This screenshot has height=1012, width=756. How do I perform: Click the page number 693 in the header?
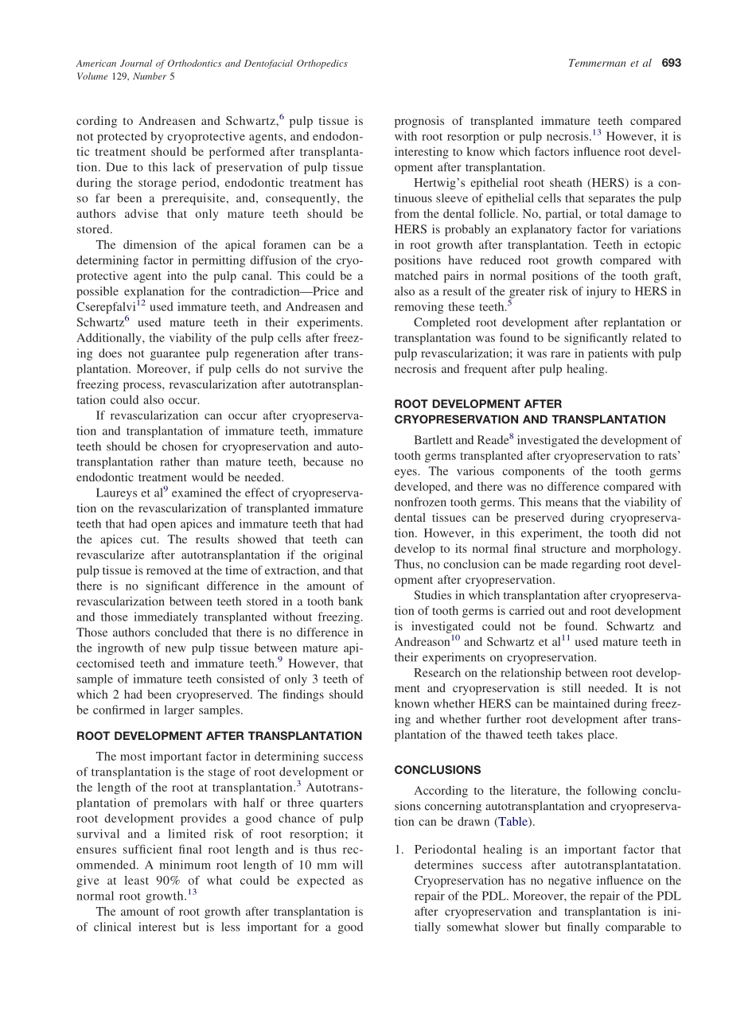click(x=672, y=64)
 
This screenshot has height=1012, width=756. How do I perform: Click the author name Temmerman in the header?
click(x=595, y=64)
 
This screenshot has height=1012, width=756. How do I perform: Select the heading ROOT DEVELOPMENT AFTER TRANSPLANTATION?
click(x=219, y=736)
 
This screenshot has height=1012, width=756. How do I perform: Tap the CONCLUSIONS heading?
click(x=438, y=770)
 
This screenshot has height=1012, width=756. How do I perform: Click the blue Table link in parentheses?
click(x=512, y=822)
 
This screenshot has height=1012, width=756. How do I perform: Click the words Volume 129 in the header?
click(x=106, y=76)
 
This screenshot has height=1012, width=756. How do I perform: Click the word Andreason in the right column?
click(x=420, y=642)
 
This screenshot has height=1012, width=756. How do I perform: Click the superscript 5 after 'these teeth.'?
click(x=509, y=302)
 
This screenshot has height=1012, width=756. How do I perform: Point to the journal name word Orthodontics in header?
click(x=197, y=64)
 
